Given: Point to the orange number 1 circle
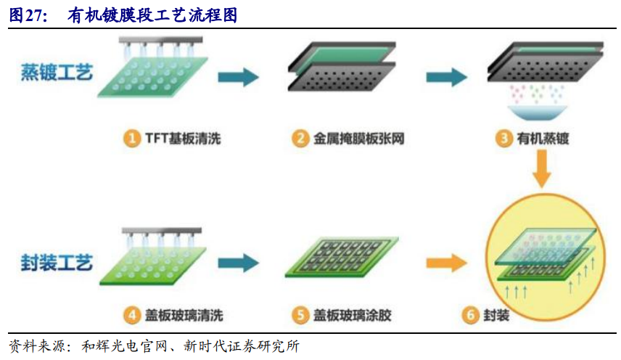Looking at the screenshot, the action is [x=131, y=139].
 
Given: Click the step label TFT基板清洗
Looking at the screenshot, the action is [x=182, y=139].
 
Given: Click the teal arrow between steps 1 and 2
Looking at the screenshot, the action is [x=239, y=77].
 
